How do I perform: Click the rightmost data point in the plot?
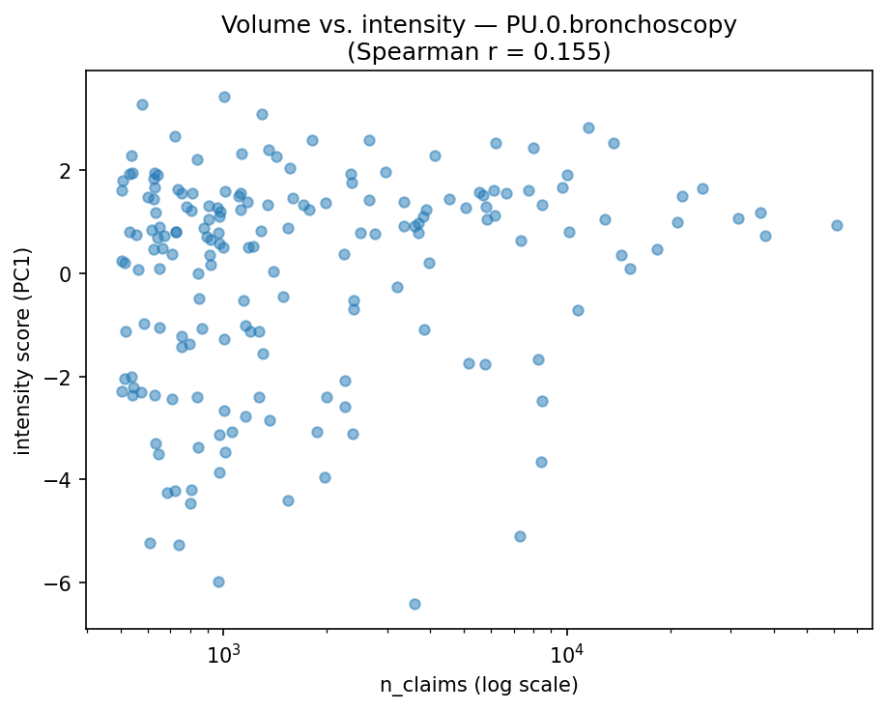tap(837, 225)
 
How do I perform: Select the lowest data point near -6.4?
tap(414, 604)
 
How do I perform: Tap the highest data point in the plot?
tap(224, 97)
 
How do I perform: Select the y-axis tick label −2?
tap(63, 377)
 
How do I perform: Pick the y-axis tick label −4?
tap(63, 480)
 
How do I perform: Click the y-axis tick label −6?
tap(63, 582)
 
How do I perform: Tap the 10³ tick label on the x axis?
tap(223, 652)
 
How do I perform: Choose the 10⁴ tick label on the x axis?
tap(567, 652)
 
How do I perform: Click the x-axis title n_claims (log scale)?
tap(478, 686)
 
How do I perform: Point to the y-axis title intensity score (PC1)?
tap(22, 349)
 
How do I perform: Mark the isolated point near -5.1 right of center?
tap(520, 536)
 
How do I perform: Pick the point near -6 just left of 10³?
tap(218, 582)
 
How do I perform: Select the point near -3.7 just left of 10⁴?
tap(541, 462)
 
